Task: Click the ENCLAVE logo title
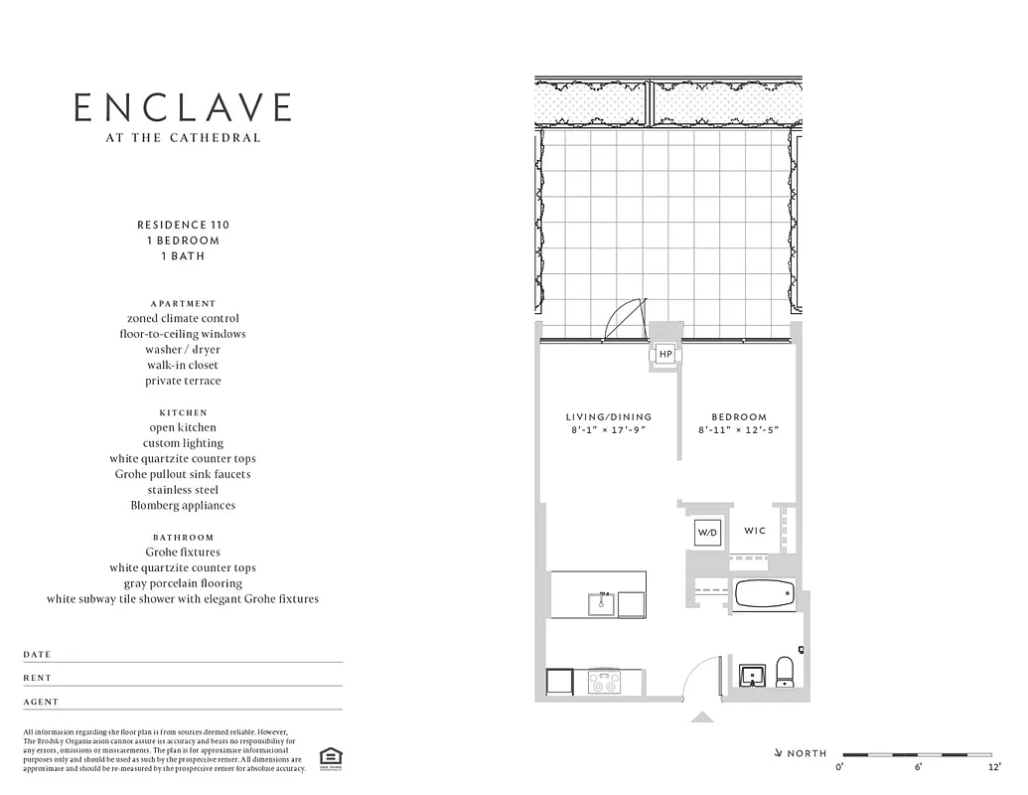184,107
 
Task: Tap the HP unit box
665,355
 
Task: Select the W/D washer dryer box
708,532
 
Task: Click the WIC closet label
755,531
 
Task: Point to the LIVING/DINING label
609,417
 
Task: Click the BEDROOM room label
739,417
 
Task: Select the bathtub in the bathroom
764,594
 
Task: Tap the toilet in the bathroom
784,671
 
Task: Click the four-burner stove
604,682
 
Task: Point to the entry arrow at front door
702,716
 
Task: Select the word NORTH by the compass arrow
807,753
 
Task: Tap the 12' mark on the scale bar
993,766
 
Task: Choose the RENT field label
38,678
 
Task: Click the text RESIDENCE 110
183,225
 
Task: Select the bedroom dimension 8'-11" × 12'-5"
739,430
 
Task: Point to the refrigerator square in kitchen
560,682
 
